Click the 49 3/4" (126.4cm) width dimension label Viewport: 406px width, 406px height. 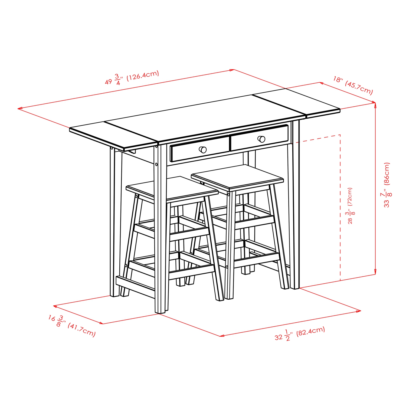132,78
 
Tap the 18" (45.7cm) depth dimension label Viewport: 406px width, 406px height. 353,85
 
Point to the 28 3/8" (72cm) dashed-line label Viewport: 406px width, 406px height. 350,205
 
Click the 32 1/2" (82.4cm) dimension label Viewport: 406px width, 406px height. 300,334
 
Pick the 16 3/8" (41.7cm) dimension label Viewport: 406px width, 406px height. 72,325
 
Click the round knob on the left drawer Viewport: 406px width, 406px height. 203,149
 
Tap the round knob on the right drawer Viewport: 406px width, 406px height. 261,139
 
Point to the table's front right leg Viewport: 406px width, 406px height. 295,206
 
